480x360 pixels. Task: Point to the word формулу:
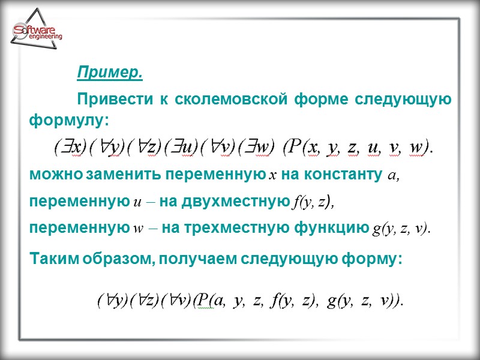tap(69, 121)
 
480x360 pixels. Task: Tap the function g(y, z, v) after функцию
tap(402, 230)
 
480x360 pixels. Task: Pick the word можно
tap(56, 176)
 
